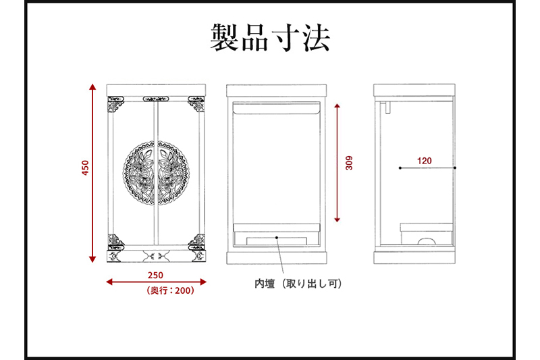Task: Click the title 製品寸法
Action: pyautogui.click(x=270, y=38)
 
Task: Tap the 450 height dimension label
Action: pyautogui.click(x=85, y=168)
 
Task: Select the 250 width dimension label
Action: pyautogui.click(x=156, y=275)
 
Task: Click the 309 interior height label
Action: pyautogui.click(x=348, y=163)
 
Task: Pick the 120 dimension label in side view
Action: pyautogui.click(x=425, y=161)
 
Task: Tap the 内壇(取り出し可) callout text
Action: pyautogui.click(x=298, y=284)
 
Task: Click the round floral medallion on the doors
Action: pyautogui.click(x=156, y=172)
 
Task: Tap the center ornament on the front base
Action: pyautogui.click(x=156, y=257)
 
